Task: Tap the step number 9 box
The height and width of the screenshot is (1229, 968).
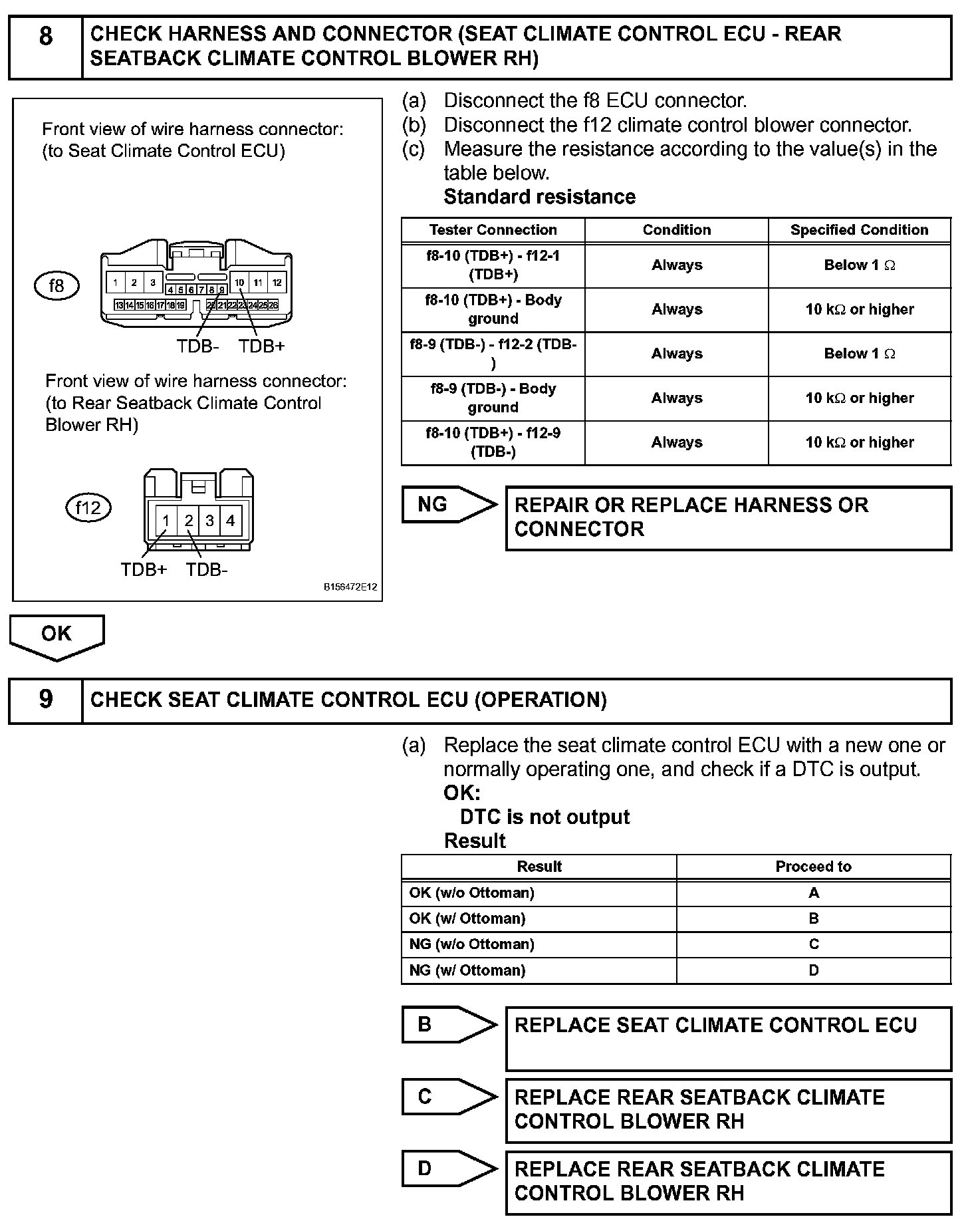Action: pyautogui.click(x=45, y=700)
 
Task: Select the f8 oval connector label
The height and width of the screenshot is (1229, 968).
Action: pyautogui.click(x=57, y=285)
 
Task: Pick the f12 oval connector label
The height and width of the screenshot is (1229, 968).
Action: pyautogui.click(x=88, y=508)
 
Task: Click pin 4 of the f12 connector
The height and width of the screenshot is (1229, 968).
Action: pyautogui.click(x=231, y=521)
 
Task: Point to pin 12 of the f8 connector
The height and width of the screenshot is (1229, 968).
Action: pyautogui.click(x=277, y=283)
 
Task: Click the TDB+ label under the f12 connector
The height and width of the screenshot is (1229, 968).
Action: pyautogui.click(x=144, y=570)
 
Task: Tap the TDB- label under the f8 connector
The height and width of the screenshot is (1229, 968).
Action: pyautogui.click(x=197, y=346)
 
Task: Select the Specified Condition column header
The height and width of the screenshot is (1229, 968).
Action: pyautogui.click(x=859, y=230)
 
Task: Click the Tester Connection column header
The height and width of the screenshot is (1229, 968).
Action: pyautogui.click(x=493, y=230)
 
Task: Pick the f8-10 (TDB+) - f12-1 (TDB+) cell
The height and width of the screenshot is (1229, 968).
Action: pyautogui.click(x=493, y=265)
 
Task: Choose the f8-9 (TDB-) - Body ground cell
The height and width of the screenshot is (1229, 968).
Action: pyautogui.click(x=493, y=398)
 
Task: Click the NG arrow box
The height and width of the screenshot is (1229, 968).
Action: pyautogui.click(x=447, y=505)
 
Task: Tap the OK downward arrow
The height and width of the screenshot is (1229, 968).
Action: pyautogui.click(x=57, y=635)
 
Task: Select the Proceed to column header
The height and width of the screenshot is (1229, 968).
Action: pyautogui.click(x=813, y=867)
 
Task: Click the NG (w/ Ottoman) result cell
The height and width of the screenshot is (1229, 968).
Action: pyautogui.click(x=539, y=970)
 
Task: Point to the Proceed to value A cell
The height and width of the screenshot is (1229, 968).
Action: pyautogui.click(x=813, y=893)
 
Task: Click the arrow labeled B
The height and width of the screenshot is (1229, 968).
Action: pyautogui.click(x=447, y=1025)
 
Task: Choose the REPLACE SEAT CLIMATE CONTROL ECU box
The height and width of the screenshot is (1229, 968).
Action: pyautogui.click(x=728, y=1038)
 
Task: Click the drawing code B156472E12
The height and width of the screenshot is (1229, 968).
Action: pyautogui.click(x=350, y=587)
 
